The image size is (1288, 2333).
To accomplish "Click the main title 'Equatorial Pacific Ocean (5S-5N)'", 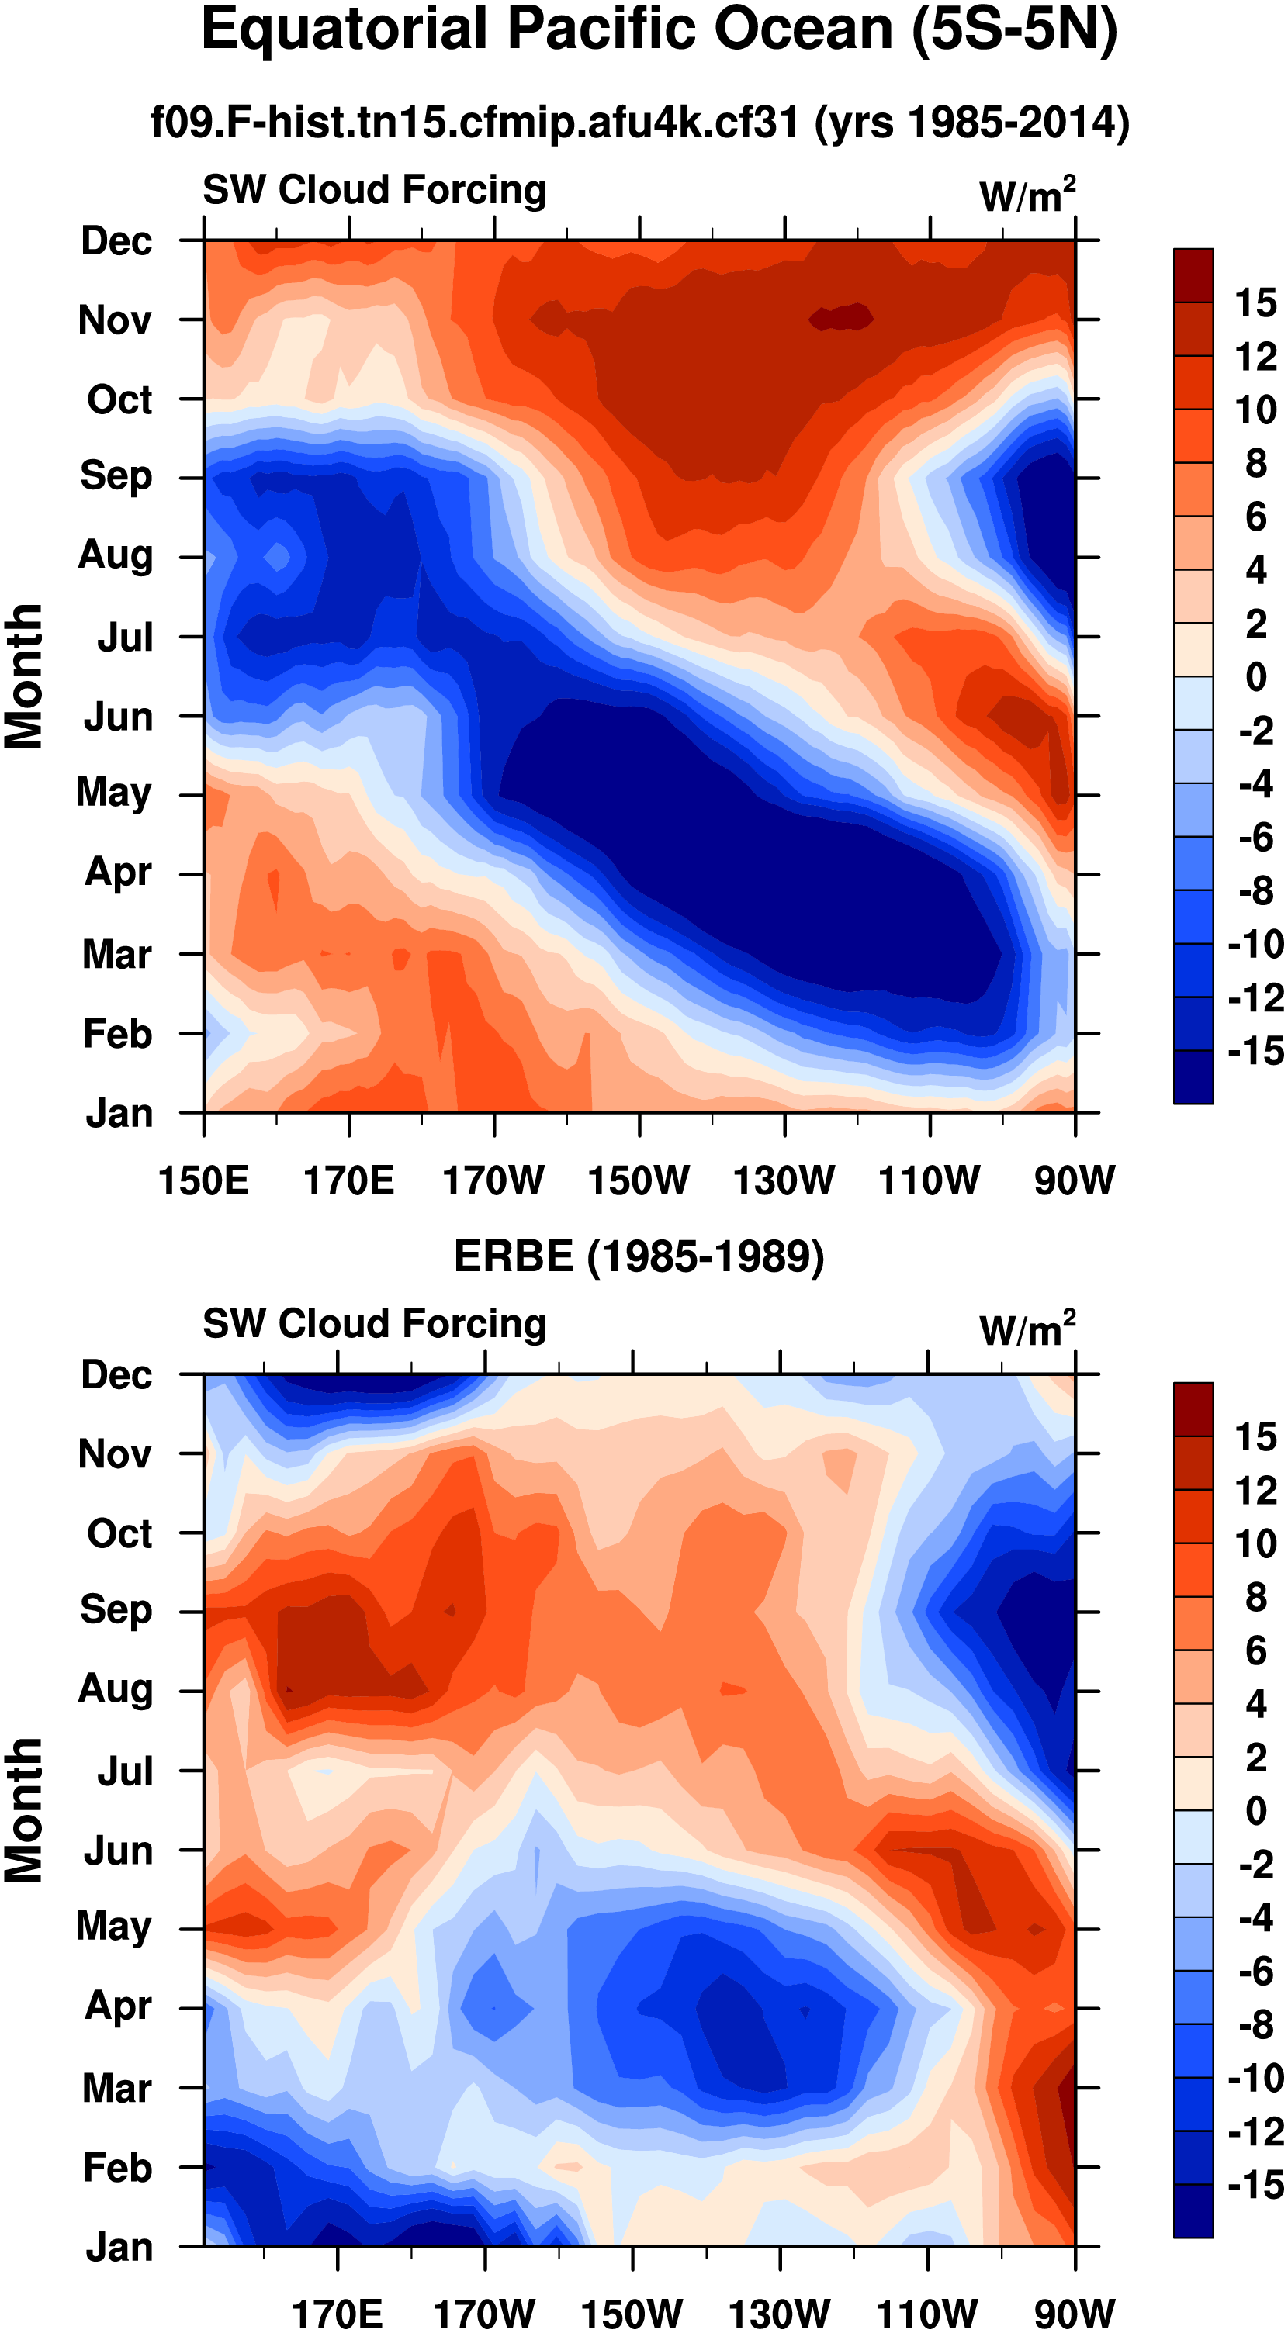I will click(x=659, y=30).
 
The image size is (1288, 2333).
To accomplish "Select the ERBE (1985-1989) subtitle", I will click(x=639, y=1256).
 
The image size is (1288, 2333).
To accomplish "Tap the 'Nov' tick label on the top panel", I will click(x=115, y=320).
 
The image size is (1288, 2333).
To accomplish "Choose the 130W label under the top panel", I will click(x=784, y=1180).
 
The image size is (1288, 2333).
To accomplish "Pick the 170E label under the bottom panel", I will click(x=337, y=2312).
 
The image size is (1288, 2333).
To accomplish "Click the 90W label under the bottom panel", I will click(x=1075, y=2312).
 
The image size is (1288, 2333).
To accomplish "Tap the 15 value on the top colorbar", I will click(x=1255, y=302).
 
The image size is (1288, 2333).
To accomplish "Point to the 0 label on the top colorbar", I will click(x=1255, y=676).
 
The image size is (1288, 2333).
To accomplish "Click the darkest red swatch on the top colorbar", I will click(x=1193, y=275).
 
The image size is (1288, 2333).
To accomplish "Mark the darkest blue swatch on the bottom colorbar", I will click(x=1193, y=2210).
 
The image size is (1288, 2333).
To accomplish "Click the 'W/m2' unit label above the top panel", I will click(x=1027, y=195).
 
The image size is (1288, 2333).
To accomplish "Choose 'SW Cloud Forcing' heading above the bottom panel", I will click(x=374, y=1323).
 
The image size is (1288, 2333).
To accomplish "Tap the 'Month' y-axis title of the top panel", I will click(x=25, y=676).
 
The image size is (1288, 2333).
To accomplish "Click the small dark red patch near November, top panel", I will click(x=841, y=317).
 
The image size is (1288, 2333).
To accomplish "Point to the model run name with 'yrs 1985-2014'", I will click(x=639, y=123).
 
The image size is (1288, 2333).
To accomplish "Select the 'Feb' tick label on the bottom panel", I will click(x=117, y=2167).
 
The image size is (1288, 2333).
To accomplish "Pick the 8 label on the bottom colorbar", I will click(x=1255, y=1597).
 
